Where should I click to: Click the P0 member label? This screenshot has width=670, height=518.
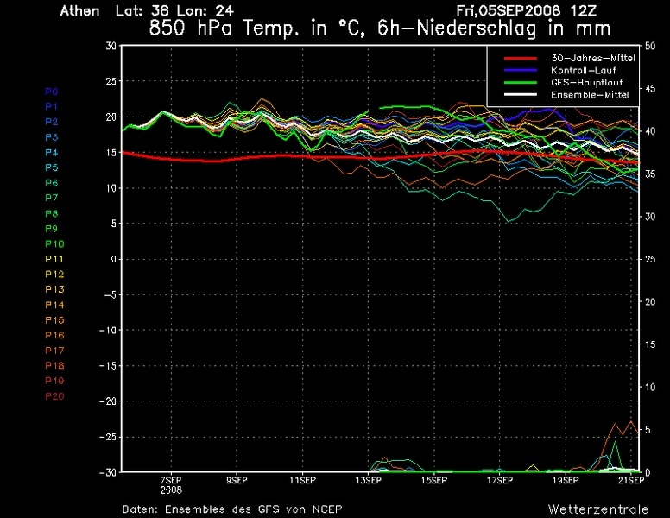pos(51,91)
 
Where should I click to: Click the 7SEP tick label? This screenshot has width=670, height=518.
pos(170,479)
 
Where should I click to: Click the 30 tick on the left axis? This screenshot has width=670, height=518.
pos(111,45)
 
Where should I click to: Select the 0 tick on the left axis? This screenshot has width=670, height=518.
pos(113,259)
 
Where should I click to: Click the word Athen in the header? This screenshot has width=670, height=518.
pos(79,12)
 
